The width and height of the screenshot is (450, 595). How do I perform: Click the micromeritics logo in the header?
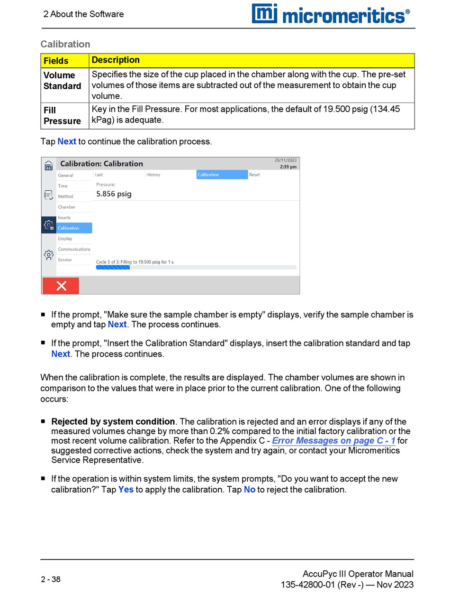point(331,14)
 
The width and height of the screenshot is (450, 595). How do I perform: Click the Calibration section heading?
point(65,44)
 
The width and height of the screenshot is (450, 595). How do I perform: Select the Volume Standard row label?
point(62,81)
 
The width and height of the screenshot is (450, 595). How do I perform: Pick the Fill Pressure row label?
point(62,116)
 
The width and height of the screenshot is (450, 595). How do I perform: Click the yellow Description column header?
point(116,60)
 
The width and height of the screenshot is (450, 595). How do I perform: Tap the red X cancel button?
point(61,286)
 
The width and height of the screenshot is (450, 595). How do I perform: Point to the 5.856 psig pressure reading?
point(114,194)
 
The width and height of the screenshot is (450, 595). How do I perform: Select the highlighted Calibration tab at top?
point(222,175)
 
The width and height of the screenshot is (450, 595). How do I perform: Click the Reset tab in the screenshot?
point(254,175)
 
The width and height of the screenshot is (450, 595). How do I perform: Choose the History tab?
point(153,175)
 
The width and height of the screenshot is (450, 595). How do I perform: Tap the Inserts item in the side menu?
point(64,218)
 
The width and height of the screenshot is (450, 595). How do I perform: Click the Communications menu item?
point(74,249)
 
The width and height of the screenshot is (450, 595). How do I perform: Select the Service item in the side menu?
point(65,260)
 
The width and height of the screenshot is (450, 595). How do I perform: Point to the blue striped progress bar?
point(113,268)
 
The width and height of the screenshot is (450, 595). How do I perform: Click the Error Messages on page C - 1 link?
point(333,441)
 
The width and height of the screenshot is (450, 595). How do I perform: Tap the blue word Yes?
point(126,489)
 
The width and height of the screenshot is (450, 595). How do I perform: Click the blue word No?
point(250,489)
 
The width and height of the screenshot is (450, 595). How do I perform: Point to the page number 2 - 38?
point(51,579)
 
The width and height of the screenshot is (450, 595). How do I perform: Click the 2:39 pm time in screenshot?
point(288,167)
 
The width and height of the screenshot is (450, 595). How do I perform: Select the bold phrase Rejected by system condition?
point(113,421)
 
